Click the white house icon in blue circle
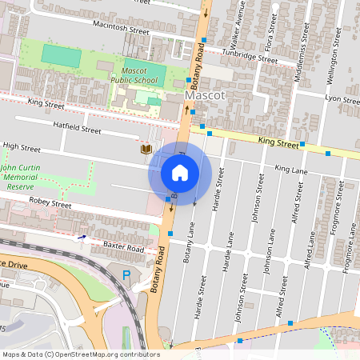180,172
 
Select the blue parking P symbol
126,275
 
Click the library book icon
146,150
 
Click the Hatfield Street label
77,129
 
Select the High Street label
22,147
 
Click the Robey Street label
50,204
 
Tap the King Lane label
290,170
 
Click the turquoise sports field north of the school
62,55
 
